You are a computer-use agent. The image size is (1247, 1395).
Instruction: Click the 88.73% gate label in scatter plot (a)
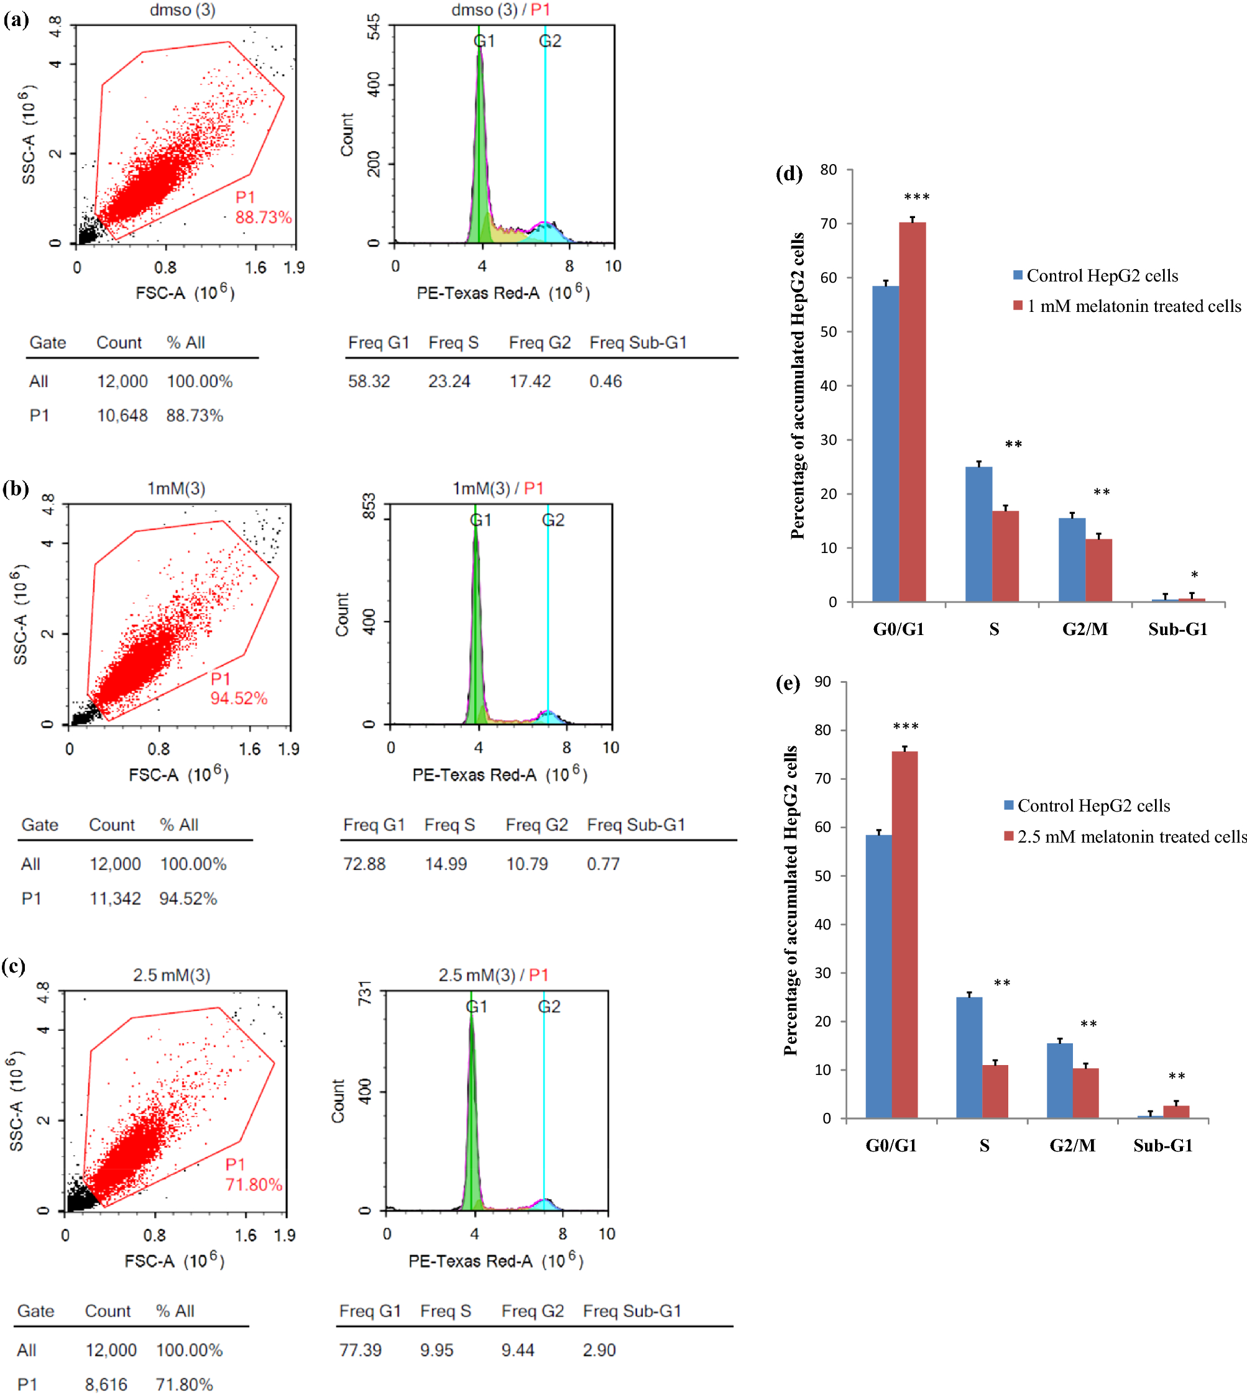[x=263, y=217]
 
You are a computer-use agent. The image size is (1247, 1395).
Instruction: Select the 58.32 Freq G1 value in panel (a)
[x=369, y=382]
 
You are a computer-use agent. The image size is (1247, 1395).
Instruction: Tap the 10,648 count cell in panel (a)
[x=122, y=416]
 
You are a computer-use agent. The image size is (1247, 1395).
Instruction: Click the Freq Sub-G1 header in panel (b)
[x=636, y=825]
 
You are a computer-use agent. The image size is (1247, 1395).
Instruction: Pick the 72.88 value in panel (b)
[x=364, y=864]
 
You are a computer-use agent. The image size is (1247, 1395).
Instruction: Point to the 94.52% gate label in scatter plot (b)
[x=239, y=698]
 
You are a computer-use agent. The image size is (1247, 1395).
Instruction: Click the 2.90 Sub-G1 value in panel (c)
[x=599, y=1350]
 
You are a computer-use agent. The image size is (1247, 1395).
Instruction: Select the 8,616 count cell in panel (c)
[x=106, y=1384]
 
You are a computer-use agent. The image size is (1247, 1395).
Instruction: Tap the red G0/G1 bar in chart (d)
[x=912, y=411]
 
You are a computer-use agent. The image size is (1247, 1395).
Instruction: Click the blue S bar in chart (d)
[x=978, y=534]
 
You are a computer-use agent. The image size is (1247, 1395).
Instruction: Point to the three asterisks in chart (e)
[x=905, y=726]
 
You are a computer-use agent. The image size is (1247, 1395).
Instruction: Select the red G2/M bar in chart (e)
[x=1085, y=1093]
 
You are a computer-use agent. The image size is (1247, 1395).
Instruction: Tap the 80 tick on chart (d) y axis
[x=829, y=170]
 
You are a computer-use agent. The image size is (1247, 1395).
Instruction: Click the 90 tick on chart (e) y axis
[x=822, y=682]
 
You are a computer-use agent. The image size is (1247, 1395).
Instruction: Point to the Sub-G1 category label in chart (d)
[x=1177, y=629]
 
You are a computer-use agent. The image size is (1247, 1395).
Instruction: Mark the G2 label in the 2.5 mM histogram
[x=549, y=1006]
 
